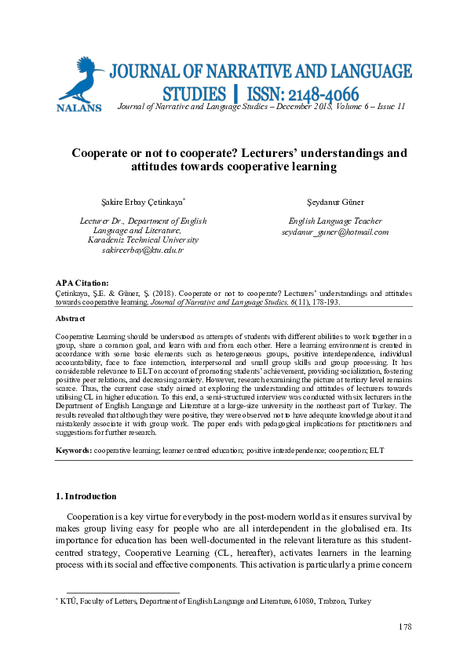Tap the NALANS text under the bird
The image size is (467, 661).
pyautogui.click(x=78, y=108)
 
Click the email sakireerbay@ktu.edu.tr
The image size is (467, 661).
pyautogui.click(x=143, y=250)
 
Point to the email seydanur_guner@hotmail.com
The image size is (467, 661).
pyautogui.click(x=335, y=232)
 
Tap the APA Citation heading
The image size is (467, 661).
pyautogui.click(x=82, y=283)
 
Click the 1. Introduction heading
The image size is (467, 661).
pyautogui.click(x=86, y=496)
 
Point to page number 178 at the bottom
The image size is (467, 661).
pyautogui.click(x=404, y=626)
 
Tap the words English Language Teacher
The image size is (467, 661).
pyautogui.click(x=335, y=221)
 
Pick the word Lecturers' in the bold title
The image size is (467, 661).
pyautogui.click(x=286, y=154)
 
